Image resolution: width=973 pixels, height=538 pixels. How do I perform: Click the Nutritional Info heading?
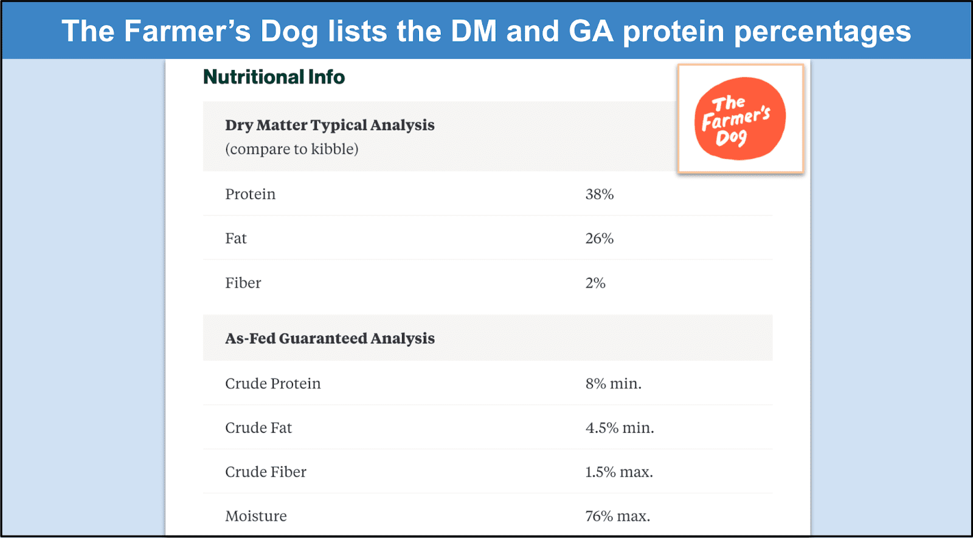274,77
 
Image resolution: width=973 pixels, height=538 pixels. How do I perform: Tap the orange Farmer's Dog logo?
739,119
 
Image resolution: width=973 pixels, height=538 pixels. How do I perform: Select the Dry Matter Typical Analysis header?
330,125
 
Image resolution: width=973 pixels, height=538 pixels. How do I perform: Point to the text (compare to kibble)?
291,149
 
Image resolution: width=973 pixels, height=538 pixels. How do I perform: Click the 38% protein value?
599,195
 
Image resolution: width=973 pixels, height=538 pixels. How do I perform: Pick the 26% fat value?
599,239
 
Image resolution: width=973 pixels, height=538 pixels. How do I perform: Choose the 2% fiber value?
595,283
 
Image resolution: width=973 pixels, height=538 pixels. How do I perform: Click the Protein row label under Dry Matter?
250,195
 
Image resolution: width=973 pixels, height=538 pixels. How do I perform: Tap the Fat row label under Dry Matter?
236,239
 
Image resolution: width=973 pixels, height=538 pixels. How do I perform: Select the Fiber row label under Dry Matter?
243,283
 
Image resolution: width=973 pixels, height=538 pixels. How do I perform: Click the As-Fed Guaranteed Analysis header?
330,338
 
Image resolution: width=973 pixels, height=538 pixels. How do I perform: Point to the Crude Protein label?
272,384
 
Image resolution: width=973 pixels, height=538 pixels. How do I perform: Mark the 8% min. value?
613,384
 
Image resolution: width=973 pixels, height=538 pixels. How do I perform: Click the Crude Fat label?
258,428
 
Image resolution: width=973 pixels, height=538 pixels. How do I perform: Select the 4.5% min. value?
619,428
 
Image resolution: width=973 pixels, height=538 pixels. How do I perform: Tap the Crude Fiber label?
266,472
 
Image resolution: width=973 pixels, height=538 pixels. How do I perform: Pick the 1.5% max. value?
618,472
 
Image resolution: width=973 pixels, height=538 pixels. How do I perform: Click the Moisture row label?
256,517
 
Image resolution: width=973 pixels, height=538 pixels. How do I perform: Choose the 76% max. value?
617,517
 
